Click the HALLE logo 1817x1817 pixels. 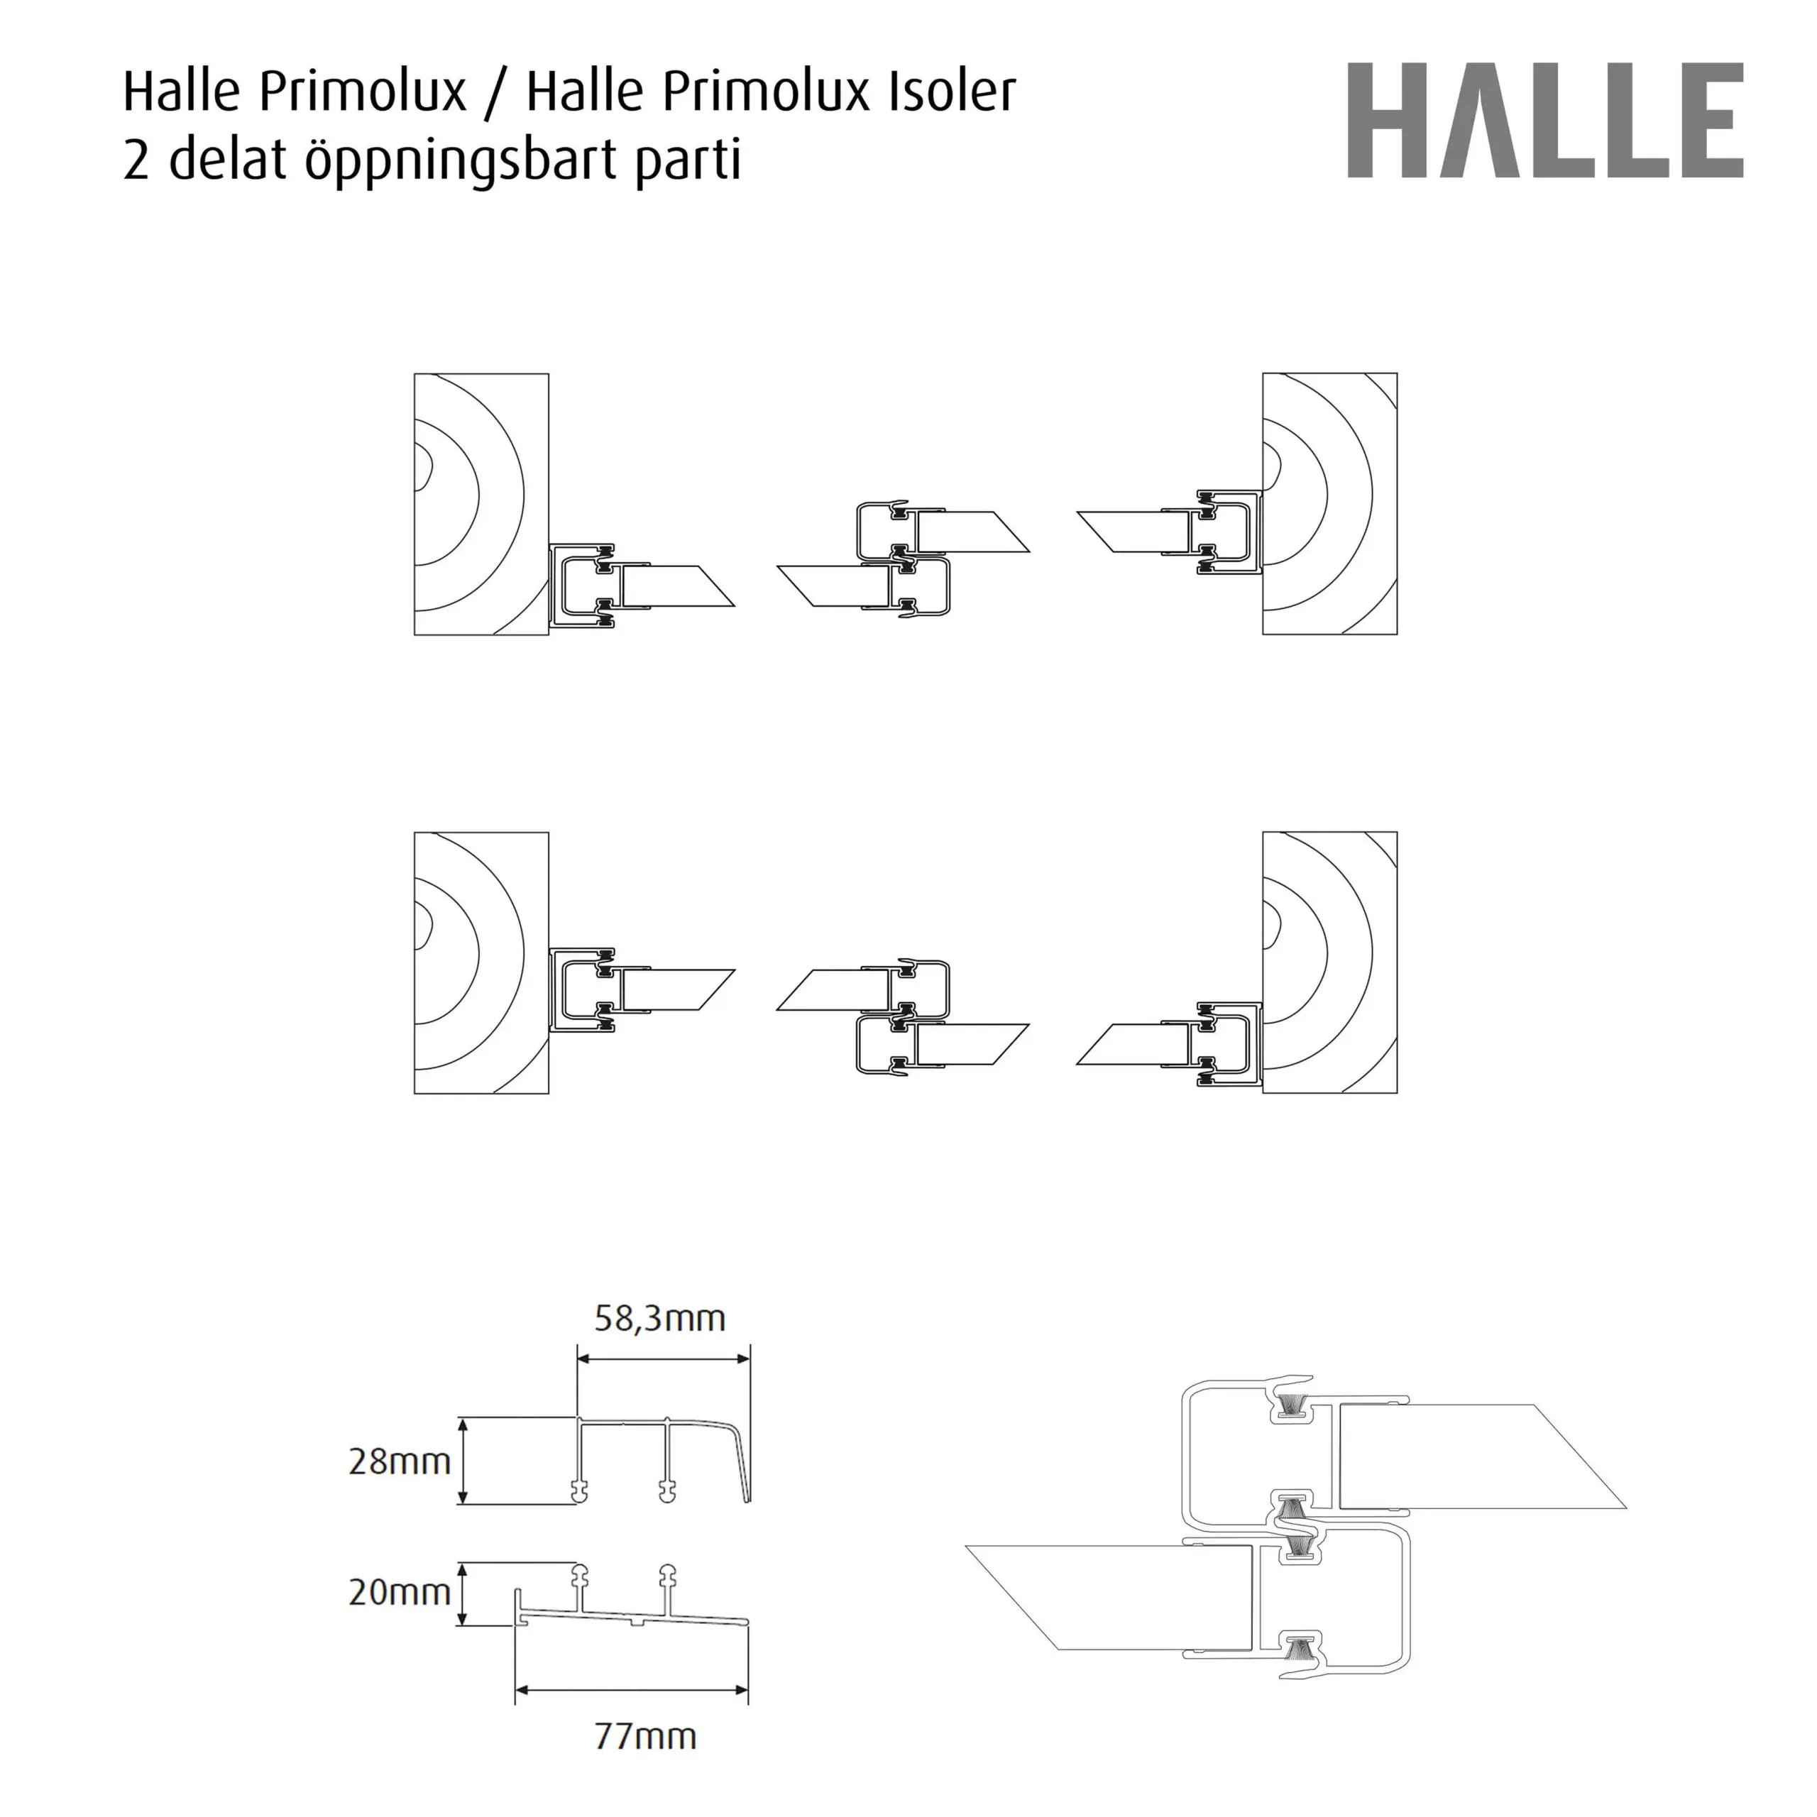1545,121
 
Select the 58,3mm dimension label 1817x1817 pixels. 659,1319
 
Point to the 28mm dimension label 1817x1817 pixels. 400,1461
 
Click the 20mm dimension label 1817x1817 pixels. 400,1592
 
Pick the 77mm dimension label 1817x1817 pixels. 645,1736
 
